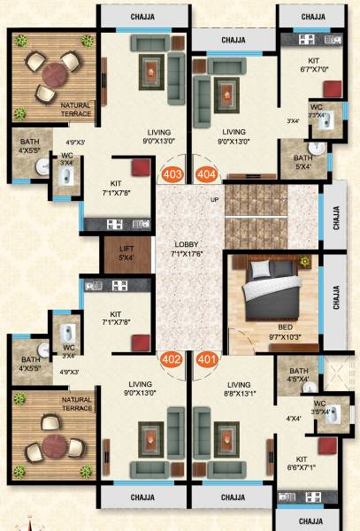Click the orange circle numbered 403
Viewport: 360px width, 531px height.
click(x=173, y=173)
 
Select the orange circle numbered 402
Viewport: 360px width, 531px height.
click(x=173, y=360)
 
